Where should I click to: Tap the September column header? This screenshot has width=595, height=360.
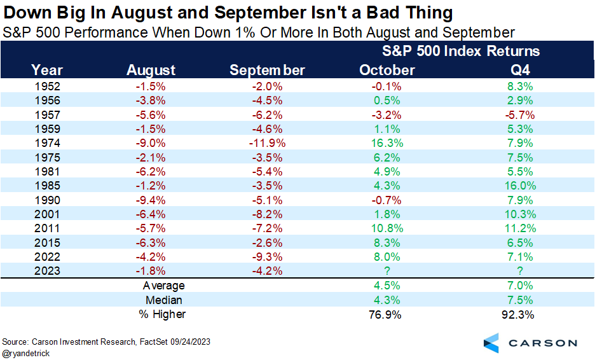pyautogui.click(x=267, y=70)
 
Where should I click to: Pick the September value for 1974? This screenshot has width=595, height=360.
pyautogui.click(x=267, y=143)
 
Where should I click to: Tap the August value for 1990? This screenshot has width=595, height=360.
pyautogui.click(x=151, y=199)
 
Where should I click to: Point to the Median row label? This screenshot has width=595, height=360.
pyautogui.click(x=164, y=300)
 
